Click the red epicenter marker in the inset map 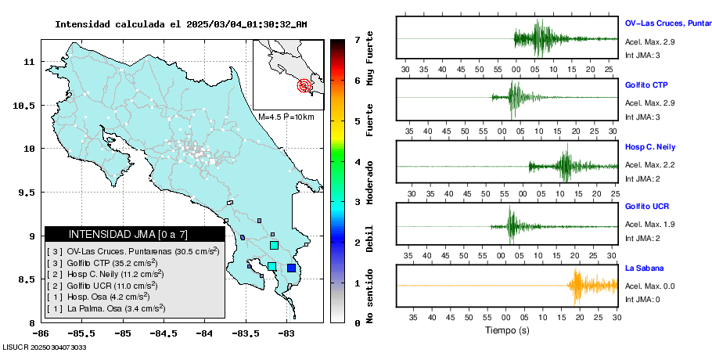[x=304, y=85]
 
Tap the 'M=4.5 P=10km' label [x=286, y=117]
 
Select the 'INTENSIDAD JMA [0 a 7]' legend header [x=128, y=234]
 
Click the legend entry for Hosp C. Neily [x=105, y=274]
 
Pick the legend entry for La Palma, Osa [x=106, y=308]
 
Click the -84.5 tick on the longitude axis [x=164, y=333]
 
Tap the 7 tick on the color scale [x=356, y=39]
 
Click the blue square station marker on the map [x=291, y=268]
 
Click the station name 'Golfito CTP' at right [x=646, y=85]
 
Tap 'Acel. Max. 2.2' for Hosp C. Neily [x=649, y=165]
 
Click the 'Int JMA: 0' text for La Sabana [x=642, y=299]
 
